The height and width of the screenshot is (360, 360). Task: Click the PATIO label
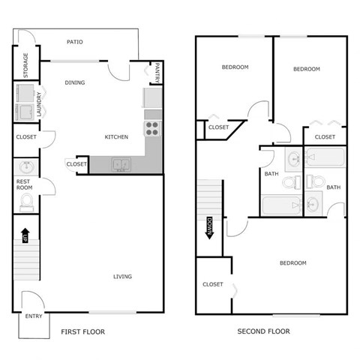tap(74, 42)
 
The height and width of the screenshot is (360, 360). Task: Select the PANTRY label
tap(157, 72)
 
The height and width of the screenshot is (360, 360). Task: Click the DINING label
tap(74, 82)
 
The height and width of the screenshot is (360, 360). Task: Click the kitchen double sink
tap(120, 164)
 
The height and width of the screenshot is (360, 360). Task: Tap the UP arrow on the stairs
tap(25, 235)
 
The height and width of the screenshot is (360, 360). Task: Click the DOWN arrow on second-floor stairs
tap(211, 226)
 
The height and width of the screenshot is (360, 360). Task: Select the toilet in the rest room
tap(27, 201)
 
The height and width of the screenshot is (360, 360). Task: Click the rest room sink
tap(25, 166)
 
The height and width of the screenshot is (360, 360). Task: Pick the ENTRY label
tap(34, 316)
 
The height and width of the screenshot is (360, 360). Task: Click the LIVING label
tap(123, 277)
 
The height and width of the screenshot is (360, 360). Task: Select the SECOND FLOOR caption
tap(263, 331)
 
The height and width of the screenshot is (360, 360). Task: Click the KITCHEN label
tap(115, 137)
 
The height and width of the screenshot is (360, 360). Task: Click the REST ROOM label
tap(24, 184)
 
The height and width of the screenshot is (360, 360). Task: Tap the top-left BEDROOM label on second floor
tap(235, 67)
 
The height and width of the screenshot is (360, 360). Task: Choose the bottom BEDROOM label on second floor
tap(292, 263)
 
